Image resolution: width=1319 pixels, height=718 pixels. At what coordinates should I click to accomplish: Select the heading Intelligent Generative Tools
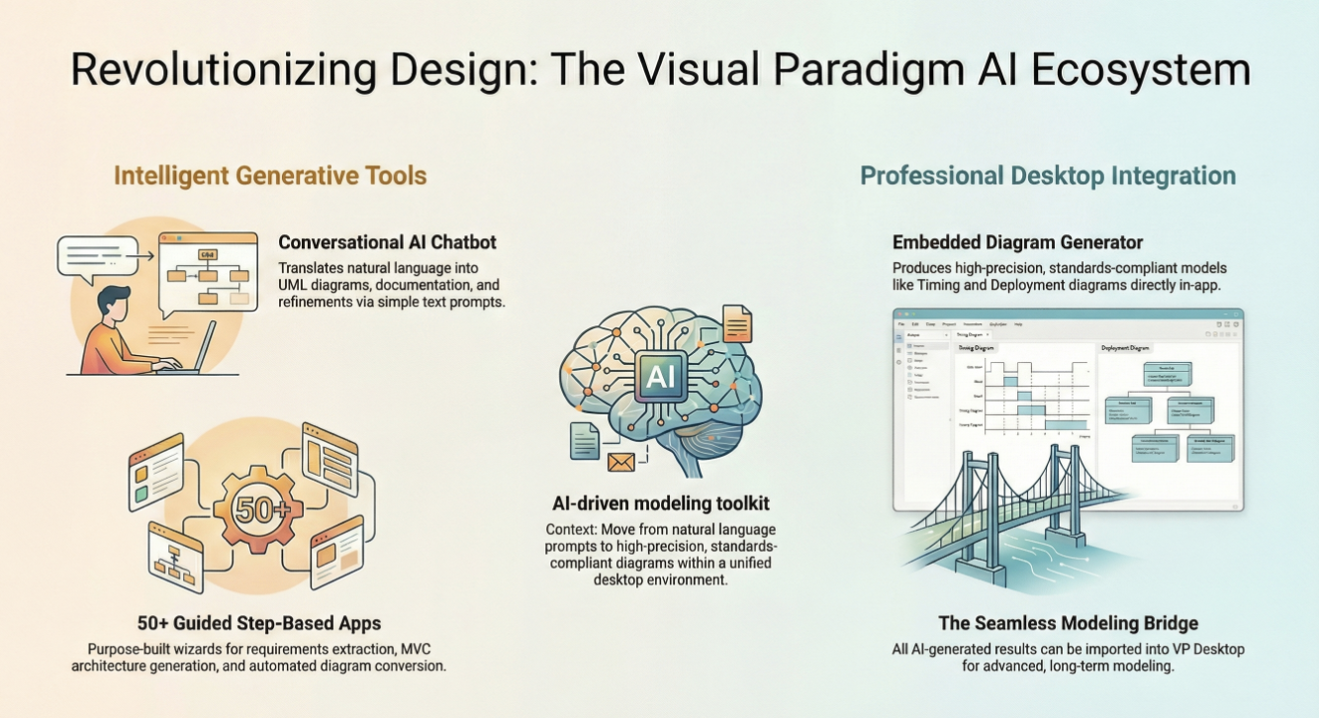[x=270, y=176]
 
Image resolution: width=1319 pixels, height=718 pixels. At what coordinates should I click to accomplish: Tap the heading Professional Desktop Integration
[x=1048, y=176]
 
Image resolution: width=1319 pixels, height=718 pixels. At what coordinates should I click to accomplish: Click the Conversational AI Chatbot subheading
[x=387, y=242]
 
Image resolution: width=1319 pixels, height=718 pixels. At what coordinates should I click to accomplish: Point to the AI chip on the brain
[x=659, y=376]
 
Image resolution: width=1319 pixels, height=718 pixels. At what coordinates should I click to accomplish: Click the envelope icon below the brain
[x=620, y=461]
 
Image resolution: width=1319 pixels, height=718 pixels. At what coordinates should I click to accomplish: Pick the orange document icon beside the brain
[x=737, y=325]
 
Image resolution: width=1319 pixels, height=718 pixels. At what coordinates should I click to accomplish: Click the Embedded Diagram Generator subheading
[x=1017, y=242]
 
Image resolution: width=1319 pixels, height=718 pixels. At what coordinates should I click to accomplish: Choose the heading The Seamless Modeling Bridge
[x=1068, y=623]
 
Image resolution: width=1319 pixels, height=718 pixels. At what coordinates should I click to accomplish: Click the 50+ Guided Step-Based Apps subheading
[x=259, y=623]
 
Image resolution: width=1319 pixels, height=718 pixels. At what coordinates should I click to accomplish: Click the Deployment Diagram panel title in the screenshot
[x=1126, y=348]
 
